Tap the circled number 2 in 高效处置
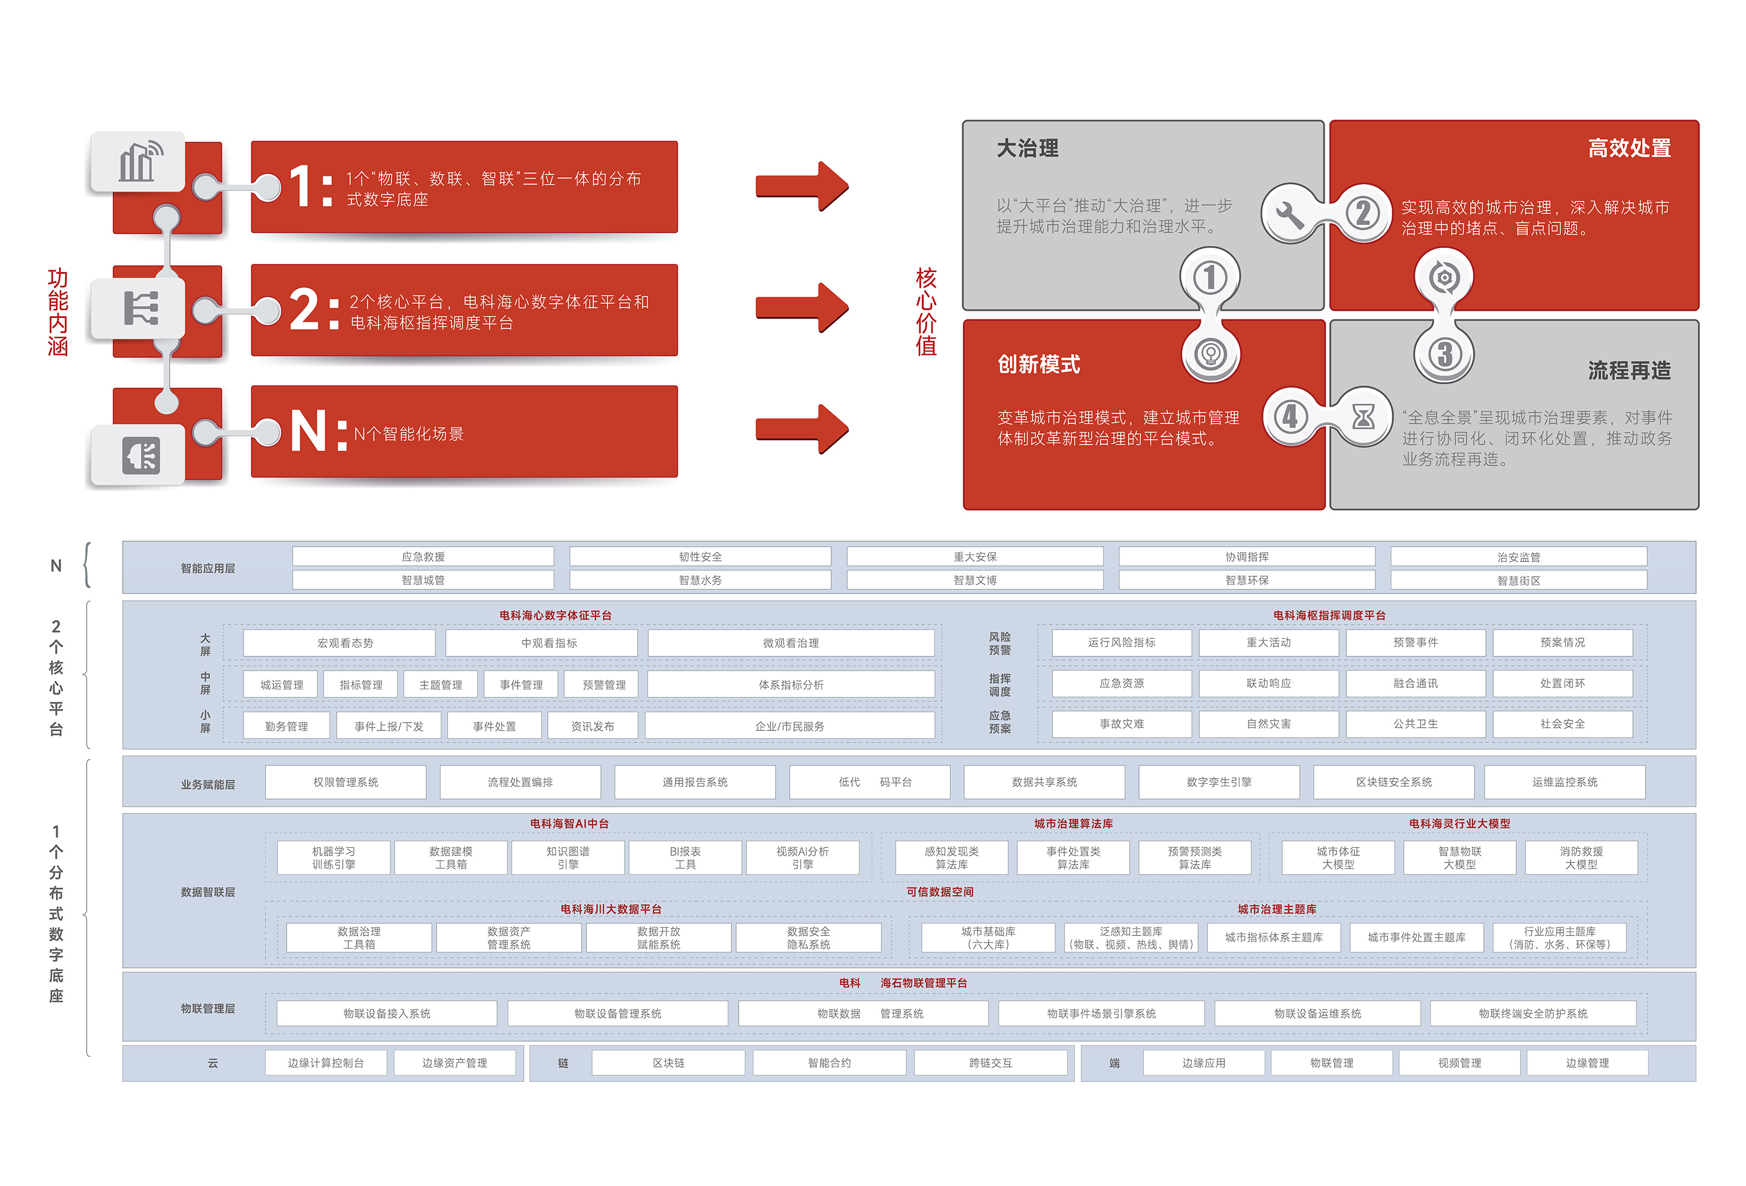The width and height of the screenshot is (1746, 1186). pos(1363,213)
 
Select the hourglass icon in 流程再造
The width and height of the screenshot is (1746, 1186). pos(1363,416)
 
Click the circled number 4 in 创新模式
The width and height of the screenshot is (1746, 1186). pos(1290,416)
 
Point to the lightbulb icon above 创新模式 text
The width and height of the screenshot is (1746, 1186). pos(1210,353)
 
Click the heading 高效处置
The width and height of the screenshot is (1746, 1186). pos(1629,149)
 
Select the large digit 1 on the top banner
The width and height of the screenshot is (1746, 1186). pos(301,186)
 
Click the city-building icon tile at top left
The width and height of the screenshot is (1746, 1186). pos(138,161)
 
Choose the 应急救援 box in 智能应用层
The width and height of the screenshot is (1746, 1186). pos(423,557)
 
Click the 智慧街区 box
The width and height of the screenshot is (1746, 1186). pos(1518,581)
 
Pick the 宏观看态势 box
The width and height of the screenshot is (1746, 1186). pos(345,643)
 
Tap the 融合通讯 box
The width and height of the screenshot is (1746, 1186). pos(1415,684)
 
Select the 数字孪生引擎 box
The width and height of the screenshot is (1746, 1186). pos(1218,782)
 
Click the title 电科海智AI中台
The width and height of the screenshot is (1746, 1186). pos(569,823)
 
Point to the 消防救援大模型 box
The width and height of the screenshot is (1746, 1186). pos(1581,858)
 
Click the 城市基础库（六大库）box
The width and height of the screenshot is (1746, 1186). pos(988,938)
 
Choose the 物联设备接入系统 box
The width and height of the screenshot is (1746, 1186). pos(387,1013)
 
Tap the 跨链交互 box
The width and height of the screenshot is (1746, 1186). pos(990,1063)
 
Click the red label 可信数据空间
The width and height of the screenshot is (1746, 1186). pos(939,892)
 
